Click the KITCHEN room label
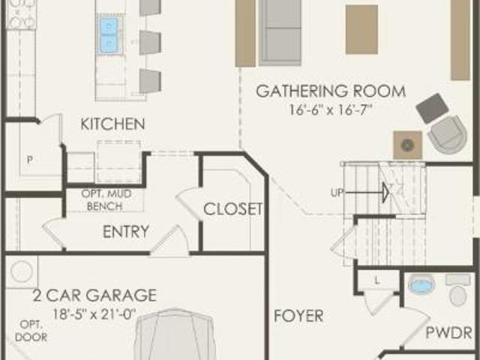click(112, 124)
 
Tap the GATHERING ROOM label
click(331, 91)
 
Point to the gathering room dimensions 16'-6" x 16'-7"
click(331, 109)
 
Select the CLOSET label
click(233, 209)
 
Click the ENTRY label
click(126, 232)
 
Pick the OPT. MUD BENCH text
click(106, 200)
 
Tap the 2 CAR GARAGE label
click(94, 295)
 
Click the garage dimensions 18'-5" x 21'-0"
click(94, 314)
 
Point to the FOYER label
click(298, 316)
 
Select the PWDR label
click(448, 333)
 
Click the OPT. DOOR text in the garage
click(31, 331)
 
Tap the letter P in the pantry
click(30, 160)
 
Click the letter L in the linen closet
click(376, 280)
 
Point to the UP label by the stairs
click(337, 193)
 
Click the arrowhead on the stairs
click(385, 193)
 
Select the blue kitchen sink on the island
click(109, 34)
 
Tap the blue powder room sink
click(421, 284)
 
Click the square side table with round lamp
click(408, 145)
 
